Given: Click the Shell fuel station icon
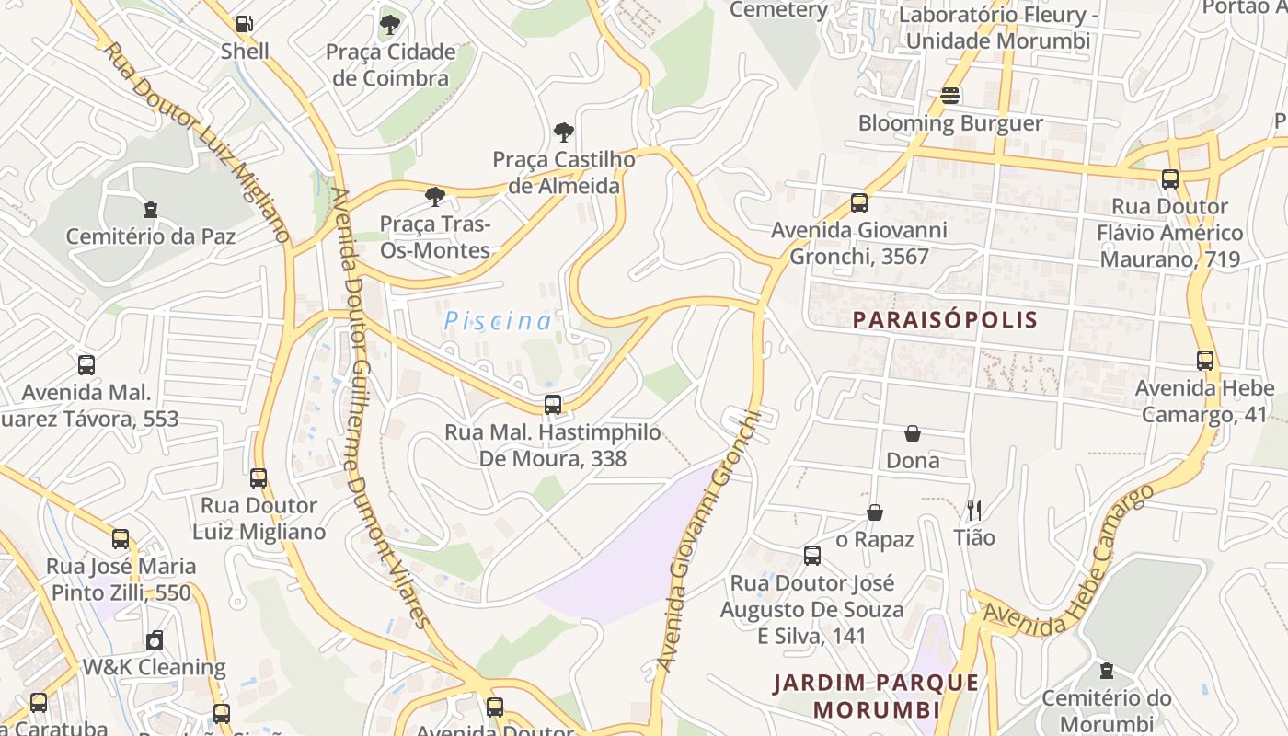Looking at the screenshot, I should (x=244, y=24).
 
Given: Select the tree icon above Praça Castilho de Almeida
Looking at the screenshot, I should (x=563, y=132).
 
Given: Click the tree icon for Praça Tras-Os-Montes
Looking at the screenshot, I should (x=435, y=196).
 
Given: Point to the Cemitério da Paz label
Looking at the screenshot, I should (x=151, y=236).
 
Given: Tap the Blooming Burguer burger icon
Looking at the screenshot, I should (x=950, y=96).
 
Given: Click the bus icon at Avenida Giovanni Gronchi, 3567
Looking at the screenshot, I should (x=858, y=203).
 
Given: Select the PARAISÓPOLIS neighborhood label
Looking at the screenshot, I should (x=945, y=320).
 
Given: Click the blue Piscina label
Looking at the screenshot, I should (x=498, y=321).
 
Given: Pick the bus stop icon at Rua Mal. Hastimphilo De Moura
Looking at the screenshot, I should (x=552, y=404).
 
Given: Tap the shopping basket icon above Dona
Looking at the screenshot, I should (x=913, y=433).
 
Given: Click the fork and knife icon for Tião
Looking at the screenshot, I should (x=974, y=510).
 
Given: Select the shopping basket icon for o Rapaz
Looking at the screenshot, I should (x=874, y=512).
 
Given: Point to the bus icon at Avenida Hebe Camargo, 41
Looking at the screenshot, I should (x=1204, y=361).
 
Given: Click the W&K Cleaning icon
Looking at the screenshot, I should (x=155, y=640).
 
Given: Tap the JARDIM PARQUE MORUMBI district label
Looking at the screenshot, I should (x=876, y=696).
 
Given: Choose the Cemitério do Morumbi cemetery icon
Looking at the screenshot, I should (x=1106, y=671).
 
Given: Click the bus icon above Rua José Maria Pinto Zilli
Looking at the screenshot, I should (x=121, y=539).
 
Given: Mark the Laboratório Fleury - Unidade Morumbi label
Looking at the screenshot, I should (x=998, y=28).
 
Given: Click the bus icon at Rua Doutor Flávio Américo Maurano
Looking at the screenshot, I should (x=1169, y=179).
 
